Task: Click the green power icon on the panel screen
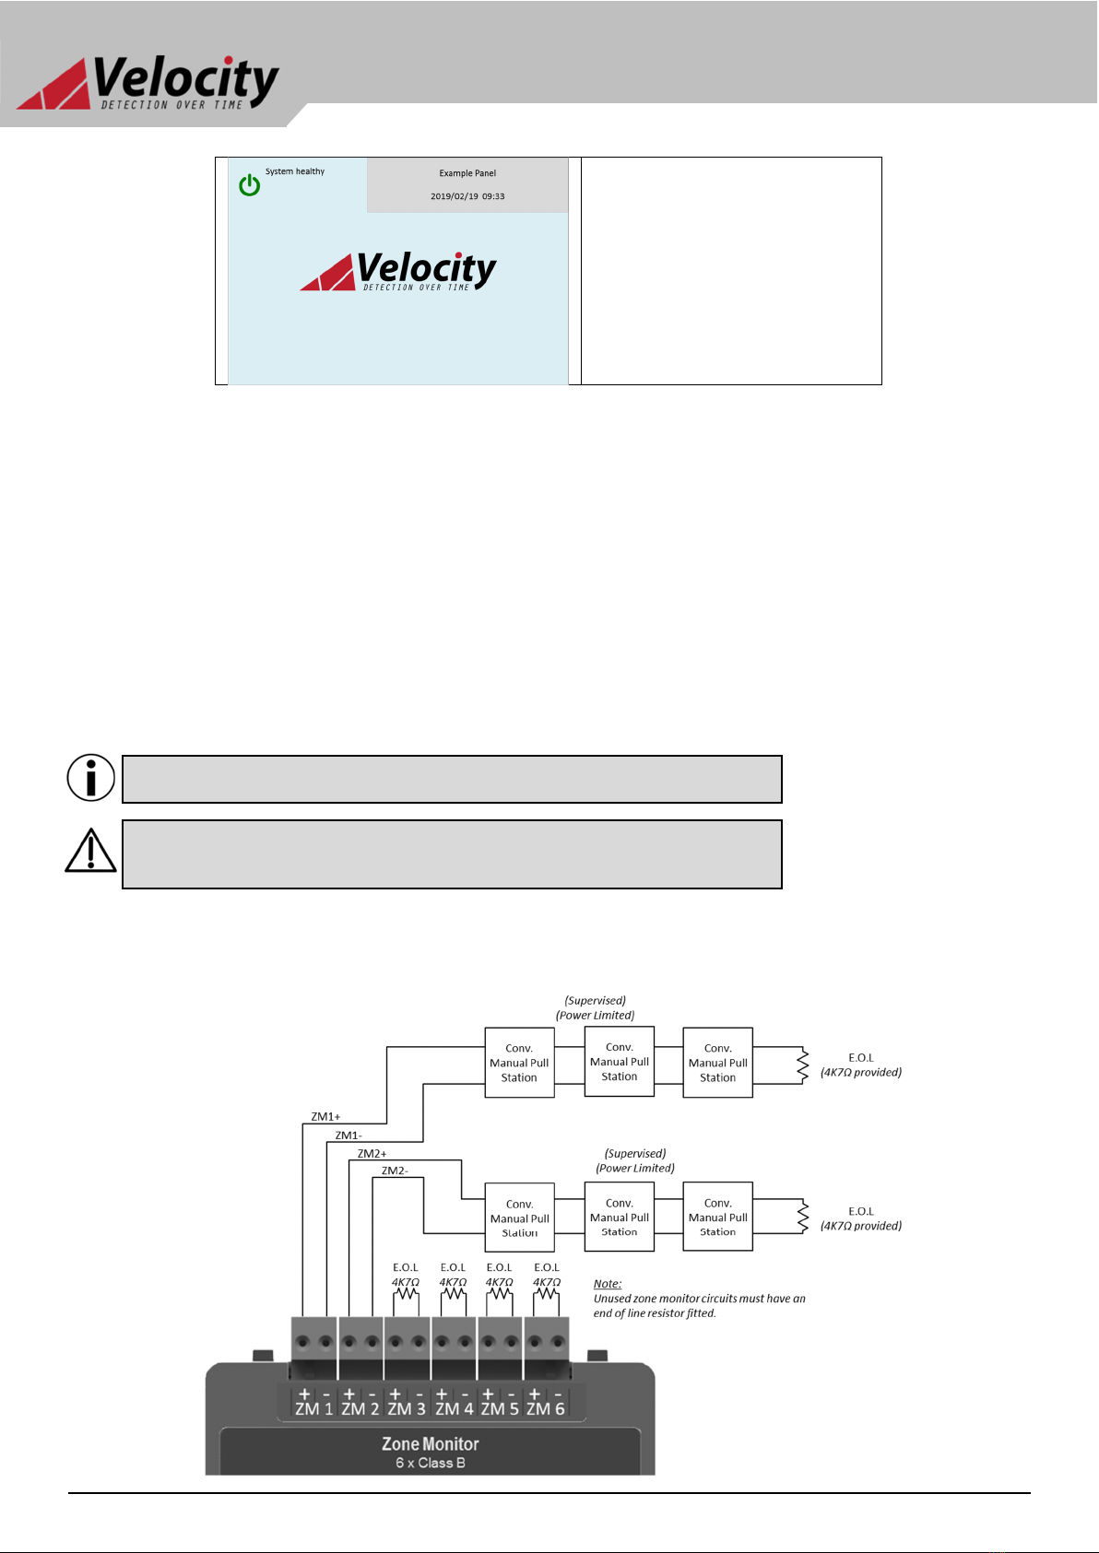pos(249,185)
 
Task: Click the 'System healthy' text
pos(295,171)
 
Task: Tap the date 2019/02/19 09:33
pos(467,196)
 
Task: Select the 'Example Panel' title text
pos(467,173)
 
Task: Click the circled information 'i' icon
pos(91,778)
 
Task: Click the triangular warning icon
pos(90,852)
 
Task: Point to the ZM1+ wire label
pos(325,1117)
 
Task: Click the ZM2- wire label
pos(395,1171)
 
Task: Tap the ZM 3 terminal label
pos(407,1409)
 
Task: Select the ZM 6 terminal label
pos(546,1409)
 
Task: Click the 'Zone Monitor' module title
pos(431,1444)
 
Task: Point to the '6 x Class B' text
pos(431,1463)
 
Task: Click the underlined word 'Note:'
pos(608,1284)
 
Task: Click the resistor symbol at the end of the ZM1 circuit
pos(803,1065)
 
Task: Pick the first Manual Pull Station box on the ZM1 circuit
pos(519,1063)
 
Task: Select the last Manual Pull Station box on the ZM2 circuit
pos(717,1217)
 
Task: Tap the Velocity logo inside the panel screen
pos(398,271)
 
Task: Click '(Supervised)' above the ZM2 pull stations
pos(635,1153)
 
